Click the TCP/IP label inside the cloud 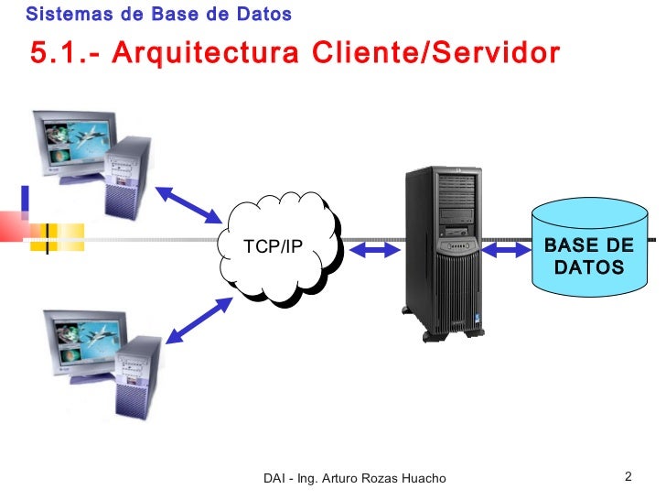[273, 246]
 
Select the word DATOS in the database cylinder [589, 268]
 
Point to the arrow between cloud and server [371, 249]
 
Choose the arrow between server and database [506, 249]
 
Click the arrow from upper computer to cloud [189, 204]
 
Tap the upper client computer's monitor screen [72, 147]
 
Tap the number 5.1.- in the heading [65, 53]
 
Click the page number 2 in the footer [628, 476]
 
